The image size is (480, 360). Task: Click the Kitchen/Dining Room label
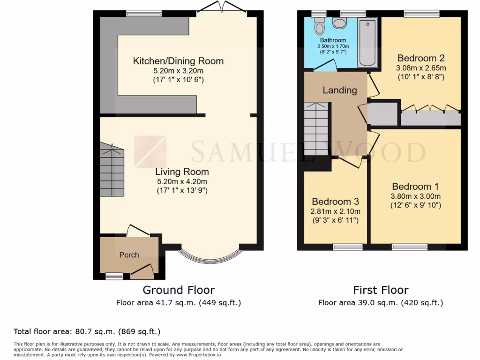click(178, 61)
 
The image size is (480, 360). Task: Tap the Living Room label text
click(182, 172)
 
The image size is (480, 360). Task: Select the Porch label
click(129, 255)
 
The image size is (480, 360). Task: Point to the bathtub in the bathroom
click(367, 43)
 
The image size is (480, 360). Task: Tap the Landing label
click(339, 90)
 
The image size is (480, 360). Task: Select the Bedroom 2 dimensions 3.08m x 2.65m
click(420, 67)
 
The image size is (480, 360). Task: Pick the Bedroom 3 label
click(335, 202)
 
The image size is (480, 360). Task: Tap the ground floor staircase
click(112, 171)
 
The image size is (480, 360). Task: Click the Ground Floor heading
click(179, 290)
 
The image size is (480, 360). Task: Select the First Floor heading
click(381, 290)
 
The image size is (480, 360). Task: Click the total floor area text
click(87, 332)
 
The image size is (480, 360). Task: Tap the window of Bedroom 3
click(348, 247)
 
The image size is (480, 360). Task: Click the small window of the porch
click(114, 277)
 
